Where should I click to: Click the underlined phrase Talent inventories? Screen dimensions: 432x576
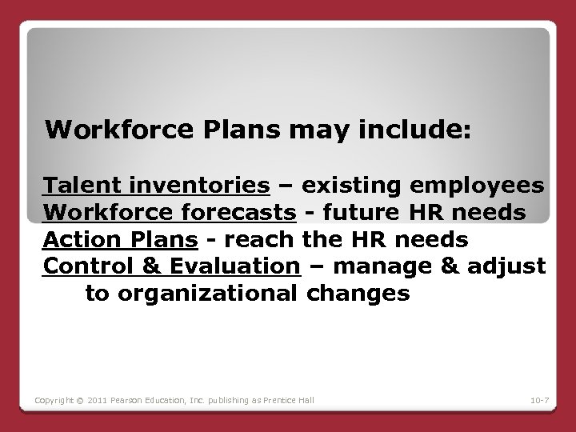coord(156,186)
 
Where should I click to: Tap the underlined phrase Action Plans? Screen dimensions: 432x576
coord(121,240)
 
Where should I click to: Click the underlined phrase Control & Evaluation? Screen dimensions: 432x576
coord(171,266)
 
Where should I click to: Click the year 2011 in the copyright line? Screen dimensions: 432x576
coord(94,399)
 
